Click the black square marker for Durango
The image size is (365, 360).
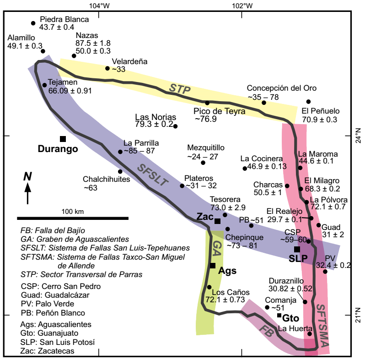[63, 139]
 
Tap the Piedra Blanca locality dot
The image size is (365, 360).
[33, 23]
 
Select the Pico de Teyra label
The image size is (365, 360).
[219, 111]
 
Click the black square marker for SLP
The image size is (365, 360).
[297, 249]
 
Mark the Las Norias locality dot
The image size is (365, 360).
[175, 126]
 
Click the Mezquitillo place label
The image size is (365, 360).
[206, 147]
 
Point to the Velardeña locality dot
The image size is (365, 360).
[107, 68]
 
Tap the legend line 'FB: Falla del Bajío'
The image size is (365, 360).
[53, 230]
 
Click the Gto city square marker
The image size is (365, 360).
[279, 315]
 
